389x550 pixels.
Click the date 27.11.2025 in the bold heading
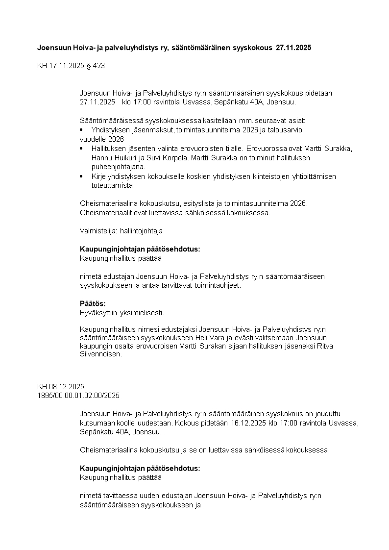[x=293, y=48]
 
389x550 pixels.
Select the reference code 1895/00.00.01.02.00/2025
[x=78, y=395]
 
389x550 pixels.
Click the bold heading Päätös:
[x=93, y=303]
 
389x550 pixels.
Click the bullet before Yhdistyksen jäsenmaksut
[x=82, y=130]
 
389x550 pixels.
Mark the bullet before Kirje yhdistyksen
[x=82, y=176]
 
